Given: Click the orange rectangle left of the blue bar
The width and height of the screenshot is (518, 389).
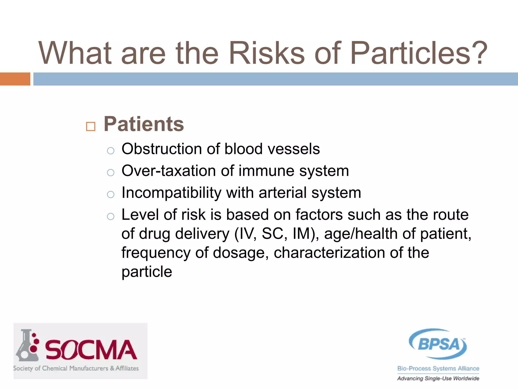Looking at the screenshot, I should coord(15,79).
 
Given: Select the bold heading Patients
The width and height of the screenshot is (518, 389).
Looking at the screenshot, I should coord(144,124).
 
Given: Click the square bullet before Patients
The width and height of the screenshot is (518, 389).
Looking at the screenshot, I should coord(91,126).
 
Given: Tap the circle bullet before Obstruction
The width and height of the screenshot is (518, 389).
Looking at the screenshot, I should coord(111,151).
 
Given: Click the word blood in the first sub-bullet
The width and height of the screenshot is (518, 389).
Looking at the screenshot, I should coord(243,149).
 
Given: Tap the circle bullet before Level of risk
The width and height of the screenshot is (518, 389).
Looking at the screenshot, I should coord(111,217).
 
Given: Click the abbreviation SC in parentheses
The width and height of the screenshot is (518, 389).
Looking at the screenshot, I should coord(274,234).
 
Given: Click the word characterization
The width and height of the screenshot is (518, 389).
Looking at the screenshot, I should coord(329,253).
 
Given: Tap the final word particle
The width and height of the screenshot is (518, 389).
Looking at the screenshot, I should coord(147,272).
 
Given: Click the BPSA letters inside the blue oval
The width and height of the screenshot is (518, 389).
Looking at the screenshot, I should coord(439,344).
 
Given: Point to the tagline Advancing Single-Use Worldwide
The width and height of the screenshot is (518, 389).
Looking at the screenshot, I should coord(438,378).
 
